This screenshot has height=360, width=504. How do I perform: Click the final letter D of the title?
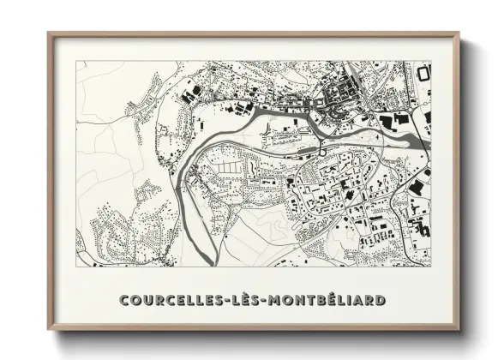[379, 301]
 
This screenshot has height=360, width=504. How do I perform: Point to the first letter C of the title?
[125, 301]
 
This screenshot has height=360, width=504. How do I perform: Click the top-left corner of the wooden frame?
[48, 33]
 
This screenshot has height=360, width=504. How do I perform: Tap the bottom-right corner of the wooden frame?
[459, 331]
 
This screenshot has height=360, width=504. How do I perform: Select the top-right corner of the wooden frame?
[459, 33]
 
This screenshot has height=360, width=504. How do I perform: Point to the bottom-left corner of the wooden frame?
[48, 331]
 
